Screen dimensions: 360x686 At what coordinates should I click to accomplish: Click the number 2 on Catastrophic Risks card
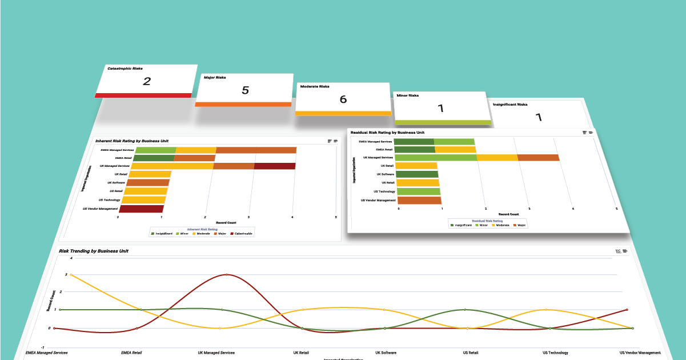click(x=147, y=81)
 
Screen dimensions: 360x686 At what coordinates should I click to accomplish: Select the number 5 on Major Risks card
click(x=245, y=90)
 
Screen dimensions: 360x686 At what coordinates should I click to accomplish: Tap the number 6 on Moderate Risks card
click(x=343, y=99)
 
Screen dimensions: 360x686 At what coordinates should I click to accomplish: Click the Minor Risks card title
click(x=408, y=95)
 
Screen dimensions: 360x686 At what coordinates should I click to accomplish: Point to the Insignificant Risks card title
click(x=510, y=105)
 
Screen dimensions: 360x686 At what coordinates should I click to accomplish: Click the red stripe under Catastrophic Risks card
click(x=143, y=95)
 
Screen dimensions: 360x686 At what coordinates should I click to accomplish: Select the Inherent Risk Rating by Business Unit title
click(x=131, y=140)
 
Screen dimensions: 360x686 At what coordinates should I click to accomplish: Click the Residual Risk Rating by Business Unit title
click(x=387, y=133)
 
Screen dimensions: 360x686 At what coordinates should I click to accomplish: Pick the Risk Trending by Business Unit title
click(x=94, y=251)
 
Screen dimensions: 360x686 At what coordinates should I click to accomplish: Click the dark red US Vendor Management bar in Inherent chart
click(x=142, y=209)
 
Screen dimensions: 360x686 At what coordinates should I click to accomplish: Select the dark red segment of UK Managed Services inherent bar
click(x=275, y=166)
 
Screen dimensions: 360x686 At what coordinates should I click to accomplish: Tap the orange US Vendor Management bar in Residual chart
click(x=419, y=201)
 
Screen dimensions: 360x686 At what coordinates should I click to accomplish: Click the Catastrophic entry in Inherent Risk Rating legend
click(x=242, y=233)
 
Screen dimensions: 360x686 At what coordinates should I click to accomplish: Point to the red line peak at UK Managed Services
click(x=227, y=274)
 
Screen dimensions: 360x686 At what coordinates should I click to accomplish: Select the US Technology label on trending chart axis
click(x=555, y=353)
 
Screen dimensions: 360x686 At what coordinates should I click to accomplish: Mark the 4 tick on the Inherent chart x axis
click(x=292, y=217)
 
